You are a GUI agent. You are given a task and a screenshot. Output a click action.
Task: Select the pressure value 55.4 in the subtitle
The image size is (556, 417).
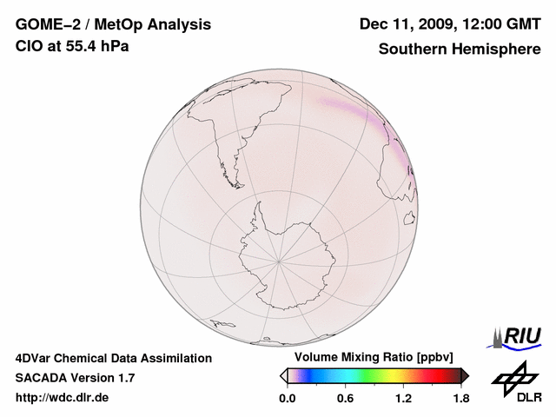70,46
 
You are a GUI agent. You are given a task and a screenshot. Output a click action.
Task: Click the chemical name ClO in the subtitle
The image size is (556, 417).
28,46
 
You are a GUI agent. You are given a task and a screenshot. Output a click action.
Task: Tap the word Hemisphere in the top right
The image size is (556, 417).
498,50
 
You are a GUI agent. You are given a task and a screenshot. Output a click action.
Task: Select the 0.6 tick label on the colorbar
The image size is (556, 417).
345,399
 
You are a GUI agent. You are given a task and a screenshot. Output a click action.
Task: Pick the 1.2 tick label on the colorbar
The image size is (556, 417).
403,399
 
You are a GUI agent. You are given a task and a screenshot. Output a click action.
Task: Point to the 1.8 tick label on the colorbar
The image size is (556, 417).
460,399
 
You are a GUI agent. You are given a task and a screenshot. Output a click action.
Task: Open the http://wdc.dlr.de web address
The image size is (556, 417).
63,399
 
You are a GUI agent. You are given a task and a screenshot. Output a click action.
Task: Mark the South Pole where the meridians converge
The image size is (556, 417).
279,260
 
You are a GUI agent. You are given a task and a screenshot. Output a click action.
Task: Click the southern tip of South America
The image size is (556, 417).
235,183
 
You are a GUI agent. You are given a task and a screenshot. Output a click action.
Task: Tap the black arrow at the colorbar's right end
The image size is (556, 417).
465,375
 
